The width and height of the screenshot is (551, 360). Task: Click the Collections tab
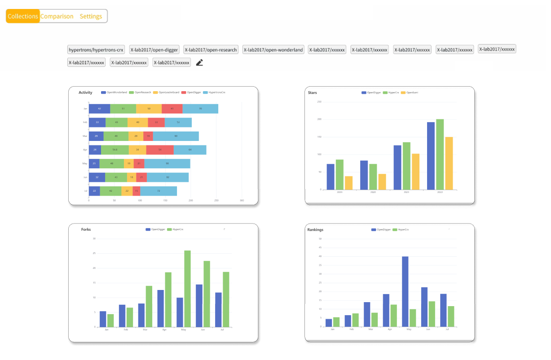click(23, 16)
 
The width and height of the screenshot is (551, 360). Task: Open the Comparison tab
click(57, 16)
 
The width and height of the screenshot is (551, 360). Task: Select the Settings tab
click(91, 16)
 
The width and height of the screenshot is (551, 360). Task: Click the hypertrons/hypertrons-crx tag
click(96, 50)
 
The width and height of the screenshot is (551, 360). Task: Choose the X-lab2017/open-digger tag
click(154, 50)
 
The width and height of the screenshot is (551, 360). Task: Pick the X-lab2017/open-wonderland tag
click(273, 50)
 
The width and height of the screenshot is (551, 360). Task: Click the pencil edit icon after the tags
click(199, 62)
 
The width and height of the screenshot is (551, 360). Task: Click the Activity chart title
click(85, 92)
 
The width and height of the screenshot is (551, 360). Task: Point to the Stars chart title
click(313, 92)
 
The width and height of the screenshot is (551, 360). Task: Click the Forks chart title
click(86, 229)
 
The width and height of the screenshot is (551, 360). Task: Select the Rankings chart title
click(315, 229)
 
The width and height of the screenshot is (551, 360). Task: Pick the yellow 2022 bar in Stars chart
click(449, 163)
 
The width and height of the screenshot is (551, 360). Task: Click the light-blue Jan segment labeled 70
click(200, 109)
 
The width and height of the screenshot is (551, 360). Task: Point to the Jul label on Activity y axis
click(85, 191)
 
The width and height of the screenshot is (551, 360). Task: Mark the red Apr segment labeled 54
click(160, 150)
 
